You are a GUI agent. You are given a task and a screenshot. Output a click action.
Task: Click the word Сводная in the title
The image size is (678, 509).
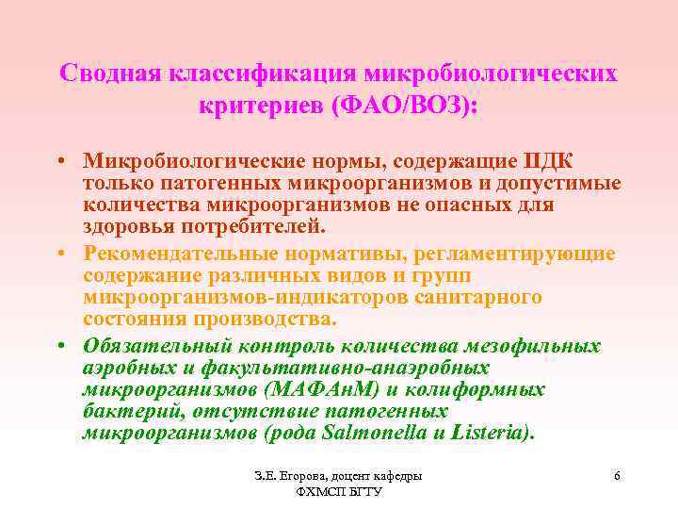tap(109, 74)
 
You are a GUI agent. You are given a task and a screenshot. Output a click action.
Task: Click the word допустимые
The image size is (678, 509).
tap(555, 180)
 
